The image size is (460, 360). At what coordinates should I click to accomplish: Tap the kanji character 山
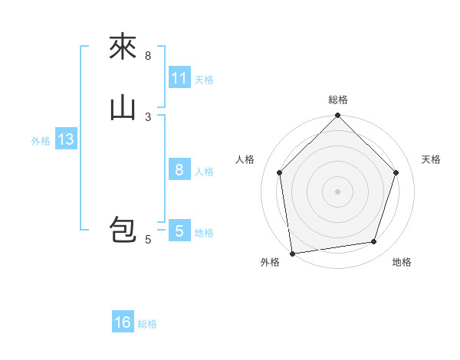(123, 108)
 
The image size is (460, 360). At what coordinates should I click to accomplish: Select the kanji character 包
(123, 231)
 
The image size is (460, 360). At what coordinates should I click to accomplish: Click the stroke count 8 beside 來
(148, 56)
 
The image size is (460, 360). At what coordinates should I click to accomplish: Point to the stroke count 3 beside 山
(148, 116)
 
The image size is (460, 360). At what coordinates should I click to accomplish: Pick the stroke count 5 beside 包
(148, 240)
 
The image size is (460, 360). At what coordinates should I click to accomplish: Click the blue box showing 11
(179, 78)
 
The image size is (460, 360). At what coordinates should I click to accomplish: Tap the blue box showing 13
(66, 140)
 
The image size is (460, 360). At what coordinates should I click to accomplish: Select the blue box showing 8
(179, 170)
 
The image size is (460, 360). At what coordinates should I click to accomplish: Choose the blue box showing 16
(123, 322)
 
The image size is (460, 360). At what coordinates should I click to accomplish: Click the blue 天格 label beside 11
(204, 80)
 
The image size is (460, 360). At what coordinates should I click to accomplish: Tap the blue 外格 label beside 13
(41, 141)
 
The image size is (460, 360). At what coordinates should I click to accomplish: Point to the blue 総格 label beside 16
(147, 324)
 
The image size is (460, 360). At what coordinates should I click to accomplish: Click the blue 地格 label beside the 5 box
(204, 233)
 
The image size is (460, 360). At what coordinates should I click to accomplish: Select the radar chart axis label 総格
(338, 100)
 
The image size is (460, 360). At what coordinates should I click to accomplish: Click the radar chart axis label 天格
(431, 159)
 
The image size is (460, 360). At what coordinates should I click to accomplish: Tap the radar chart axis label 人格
(245, 159)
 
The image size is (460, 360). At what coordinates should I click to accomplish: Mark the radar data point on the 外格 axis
(292, 253)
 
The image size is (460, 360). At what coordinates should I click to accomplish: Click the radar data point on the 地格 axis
(374, 242)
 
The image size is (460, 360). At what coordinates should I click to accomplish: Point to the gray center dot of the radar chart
(338, 191)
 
